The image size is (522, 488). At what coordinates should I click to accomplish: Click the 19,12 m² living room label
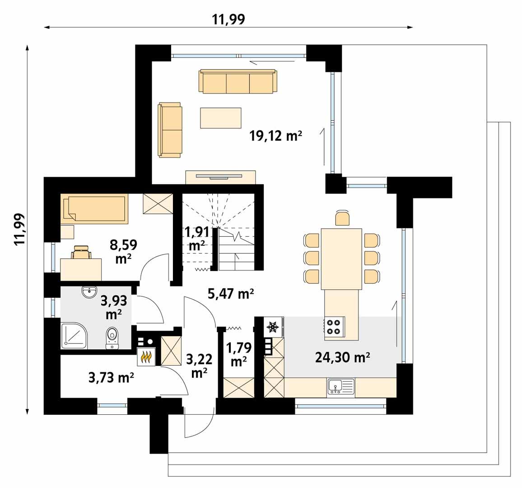275,136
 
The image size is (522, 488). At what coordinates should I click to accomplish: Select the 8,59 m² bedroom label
123,251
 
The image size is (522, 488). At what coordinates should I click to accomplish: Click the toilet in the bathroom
112,338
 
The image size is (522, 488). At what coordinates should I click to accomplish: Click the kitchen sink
341,386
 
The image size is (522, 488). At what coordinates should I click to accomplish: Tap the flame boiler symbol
146,357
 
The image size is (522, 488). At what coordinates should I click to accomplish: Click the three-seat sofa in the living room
238,82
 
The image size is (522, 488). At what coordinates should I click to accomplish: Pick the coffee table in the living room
221,117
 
